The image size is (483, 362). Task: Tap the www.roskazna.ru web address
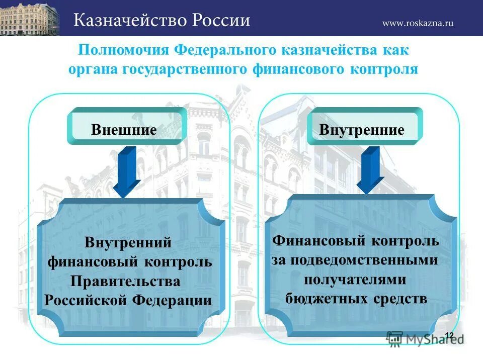418,23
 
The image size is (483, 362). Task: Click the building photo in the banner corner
30,18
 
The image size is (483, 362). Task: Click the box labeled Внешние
124,129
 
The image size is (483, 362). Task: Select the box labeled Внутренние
362,130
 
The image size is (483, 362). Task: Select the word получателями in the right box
355,279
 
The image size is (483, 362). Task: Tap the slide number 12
449,336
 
